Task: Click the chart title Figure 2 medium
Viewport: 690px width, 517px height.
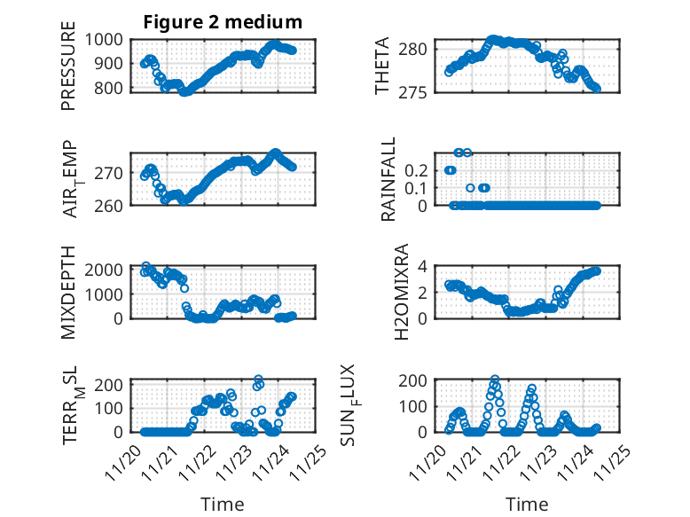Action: tap(223, 21)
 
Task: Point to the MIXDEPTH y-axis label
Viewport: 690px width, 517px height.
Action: tap(68, 292)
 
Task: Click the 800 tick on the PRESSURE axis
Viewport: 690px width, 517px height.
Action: tap(114, 88)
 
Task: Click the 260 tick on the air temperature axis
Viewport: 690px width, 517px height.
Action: tap(114, 205)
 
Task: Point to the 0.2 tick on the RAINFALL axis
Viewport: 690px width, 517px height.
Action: tap(417, 169)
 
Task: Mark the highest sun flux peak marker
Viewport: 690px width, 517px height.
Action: tap(494, 380)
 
